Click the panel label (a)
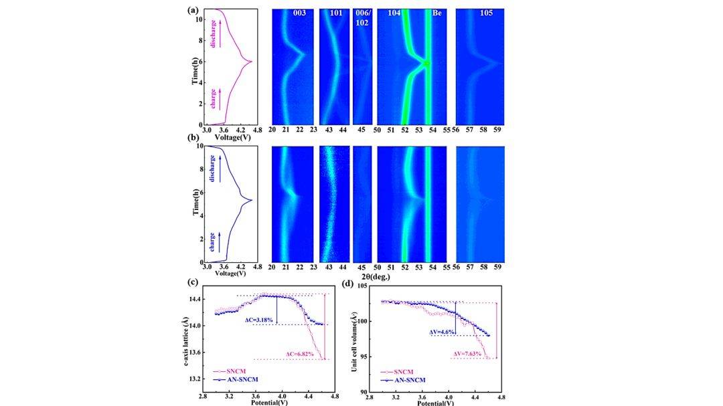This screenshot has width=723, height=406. [x=193, y=10]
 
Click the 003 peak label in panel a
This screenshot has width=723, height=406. [x=300, y=14]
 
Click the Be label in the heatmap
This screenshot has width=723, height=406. [x=436, y=14]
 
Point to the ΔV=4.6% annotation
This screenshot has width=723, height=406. [x=443, y=332]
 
